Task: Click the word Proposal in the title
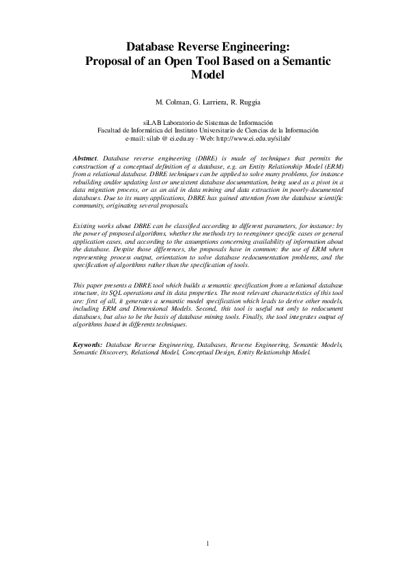(108, 61)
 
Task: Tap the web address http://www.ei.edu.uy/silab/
(254, 137)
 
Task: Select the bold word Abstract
(85, 158)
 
